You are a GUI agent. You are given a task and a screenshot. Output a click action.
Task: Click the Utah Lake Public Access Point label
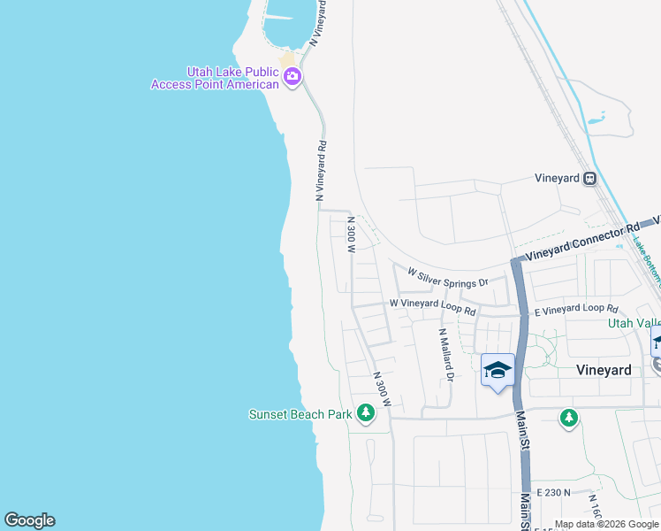click(x=213, y=78)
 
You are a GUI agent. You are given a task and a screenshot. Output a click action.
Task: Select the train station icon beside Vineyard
click(x=590, y=178)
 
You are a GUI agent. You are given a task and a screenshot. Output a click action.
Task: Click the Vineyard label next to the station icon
click(x=557, y=178)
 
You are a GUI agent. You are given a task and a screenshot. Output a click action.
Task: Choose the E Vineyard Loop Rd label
click(x=577, y=309)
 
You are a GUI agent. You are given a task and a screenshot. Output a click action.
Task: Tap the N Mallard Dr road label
click(x=446, y=354)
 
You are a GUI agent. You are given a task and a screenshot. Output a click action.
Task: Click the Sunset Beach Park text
click(x=300, y=414)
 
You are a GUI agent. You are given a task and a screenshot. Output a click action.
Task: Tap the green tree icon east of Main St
click(x=569, y=417)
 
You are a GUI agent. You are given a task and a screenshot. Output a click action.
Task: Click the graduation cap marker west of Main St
click(x=498, y=370)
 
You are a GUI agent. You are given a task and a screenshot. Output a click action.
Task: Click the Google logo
click(x=29, y=520)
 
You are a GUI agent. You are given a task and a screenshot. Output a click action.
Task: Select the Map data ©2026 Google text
click(x=607, y=524)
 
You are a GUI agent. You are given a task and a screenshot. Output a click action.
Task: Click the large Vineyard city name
click(x=604, y=370)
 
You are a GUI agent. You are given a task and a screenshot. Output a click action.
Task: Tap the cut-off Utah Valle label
click(x=633, y=324)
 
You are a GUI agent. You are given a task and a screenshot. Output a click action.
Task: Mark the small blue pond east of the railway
click(x=596, y=118)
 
